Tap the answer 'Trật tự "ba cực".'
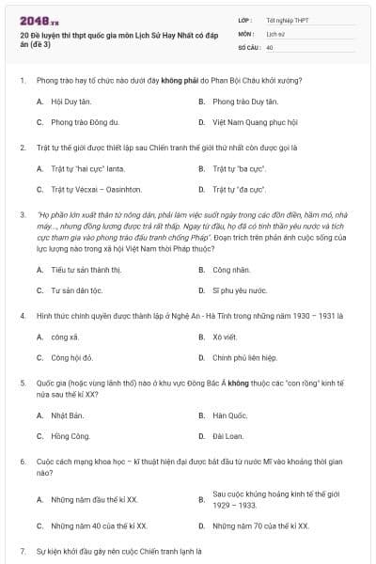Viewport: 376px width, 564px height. pyautogui.click(x=239, y=169)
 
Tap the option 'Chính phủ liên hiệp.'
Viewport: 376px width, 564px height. pyautogui.click(x=244, y=357)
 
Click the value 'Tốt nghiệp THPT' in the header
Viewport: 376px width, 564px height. pyautogui.click(x=288, y=19)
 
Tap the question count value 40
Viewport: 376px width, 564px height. pyautogui.click(x=270, y=46)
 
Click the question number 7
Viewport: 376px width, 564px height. pyautogui.click(x=23, y=549)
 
